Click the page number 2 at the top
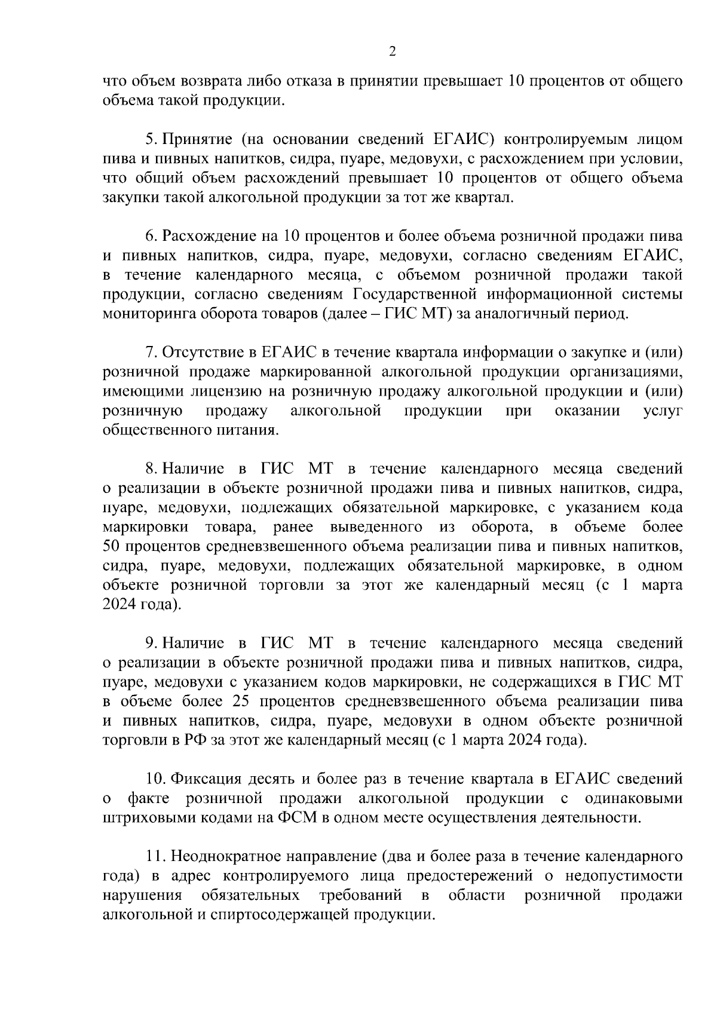pyautogui.click(x=392, y=51)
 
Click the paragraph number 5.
pyautogui.click(x=151, y=139)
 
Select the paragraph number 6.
pyautogui.click(x=151, y=236)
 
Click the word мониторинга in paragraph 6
pyautogui.click(x=144, y=313)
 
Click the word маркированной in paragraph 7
pyautogui.click(x=312, y=372)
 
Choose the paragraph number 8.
pyautogui.click(x=151, y=468)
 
